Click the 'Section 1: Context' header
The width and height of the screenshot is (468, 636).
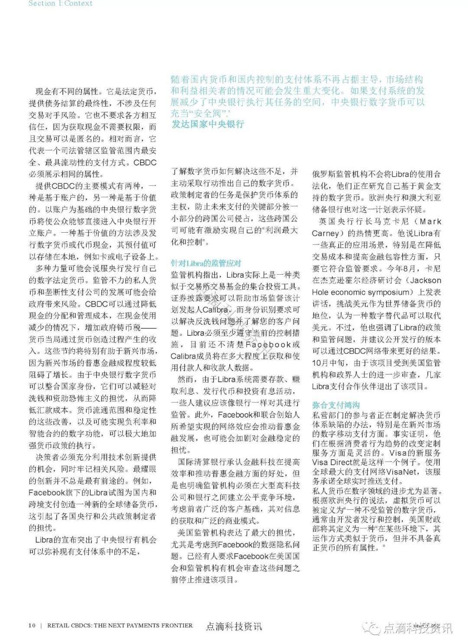click(60, 3)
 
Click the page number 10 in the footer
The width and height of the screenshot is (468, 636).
click(32, 625)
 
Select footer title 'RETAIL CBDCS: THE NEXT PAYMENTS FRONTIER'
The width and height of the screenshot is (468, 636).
click(120, 625)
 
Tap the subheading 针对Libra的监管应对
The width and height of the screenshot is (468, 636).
click(206, 263)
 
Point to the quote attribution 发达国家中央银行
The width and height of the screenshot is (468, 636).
click(208, 124)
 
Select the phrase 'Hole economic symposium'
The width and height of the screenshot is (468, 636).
click(360, 292)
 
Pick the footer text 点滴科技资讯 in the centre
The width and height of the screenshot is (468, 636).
click(234, 626)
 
